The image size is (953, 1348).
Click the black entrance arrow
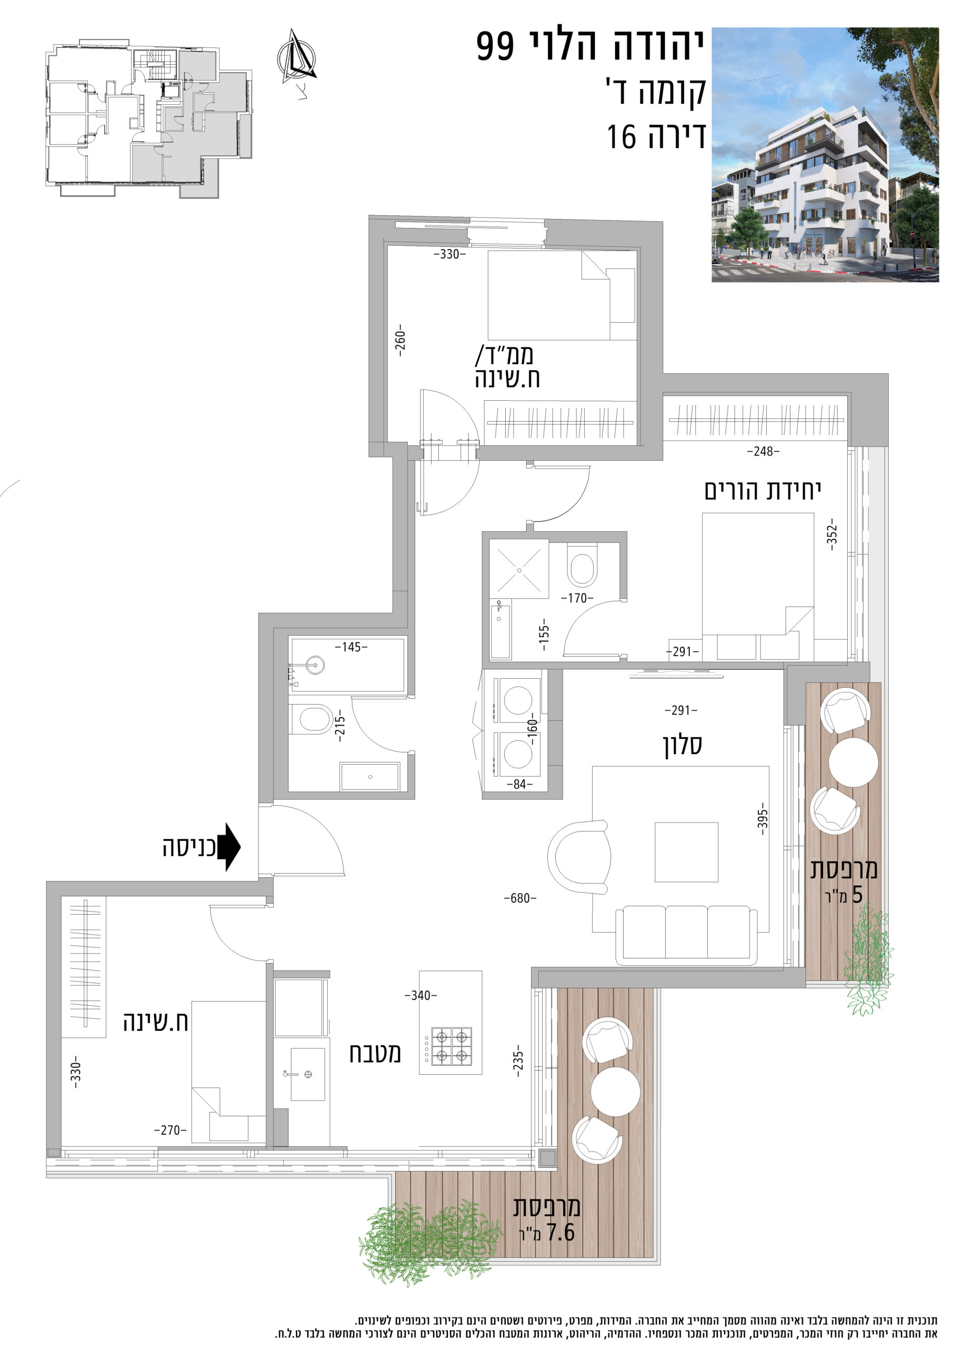[x=229, y=847]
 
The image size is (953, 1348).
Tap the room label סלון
[x=683, y=745]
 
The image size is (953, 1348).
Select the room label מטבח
[x=376, y=1053]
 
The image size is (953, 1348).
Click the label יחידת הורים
[x=763, y=491]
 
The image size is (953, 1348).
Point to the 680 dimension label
[x=520, y=898]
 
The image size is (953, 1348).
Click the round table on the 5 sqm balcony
[x=854, y=762]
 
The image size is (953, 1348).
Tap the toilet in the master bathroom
[x=582, y=565]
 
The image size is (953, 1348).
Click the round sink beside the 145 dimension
[x=315, y=665]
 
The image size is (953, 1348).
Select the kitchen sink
[x=307, y=1074]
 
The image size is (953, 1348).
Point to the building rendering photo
[x=825, y=155]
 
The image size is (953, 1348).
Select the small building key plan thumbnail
[x=149, y=119]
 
